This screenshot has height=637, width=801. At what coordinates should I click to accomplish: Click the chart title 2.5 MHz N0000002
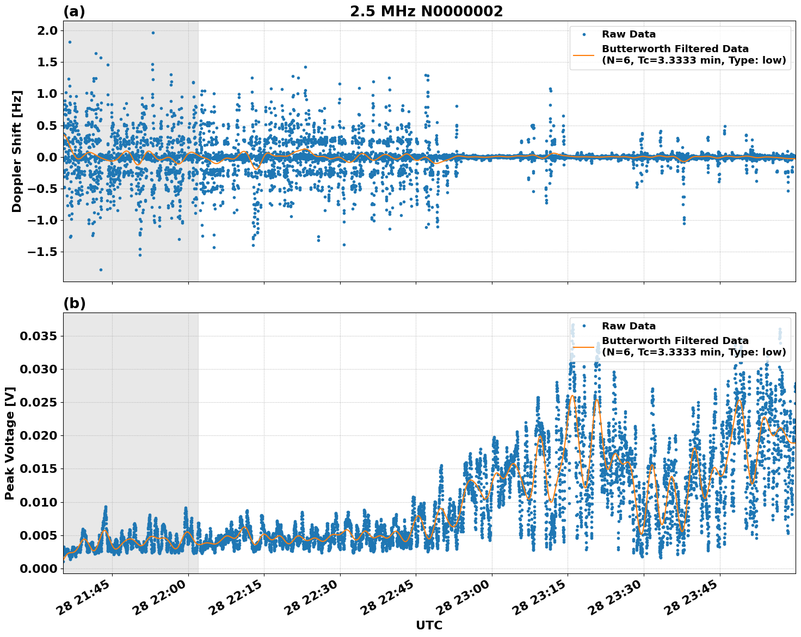(x=426, y=11)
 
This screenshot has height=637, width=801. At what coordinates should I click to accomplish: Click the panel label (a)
(x=74, y=11)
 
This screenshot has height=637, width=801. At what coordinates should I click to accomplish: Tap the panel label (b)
(x=74, y=303)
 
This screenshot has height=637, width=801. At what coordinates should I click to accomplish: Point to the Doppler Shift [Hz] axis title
(x=17, y=151)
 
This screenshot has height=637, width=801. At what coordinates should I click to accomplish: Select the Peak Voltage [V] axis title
(x=10, y=443)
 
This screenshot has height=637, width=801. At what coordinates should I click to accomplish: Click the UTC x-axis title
(x=429, y=625)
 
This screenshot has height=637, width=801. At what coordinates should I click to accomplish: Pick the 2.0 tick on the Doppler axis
(x=46, y=31)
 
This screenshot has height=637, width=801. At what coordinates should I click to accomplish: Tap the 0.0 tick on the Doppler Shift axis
(x=46, y=158)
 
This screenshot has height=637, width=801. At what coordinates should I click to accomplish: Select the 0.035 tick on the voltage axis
(x=38, y=336)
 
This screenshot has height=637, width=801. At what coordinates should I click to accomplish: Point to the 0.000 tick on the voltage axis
(x=38, y=569)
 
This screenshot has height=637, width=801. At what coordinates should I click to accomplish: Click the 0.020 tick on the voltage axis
(x=38, y=436)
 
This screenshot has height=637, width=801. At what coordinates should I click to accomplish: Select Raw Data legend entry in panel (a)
(x=629, y=34)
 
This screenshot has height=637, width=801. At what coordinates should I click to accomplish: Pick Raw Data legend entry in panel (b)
(x=629, y=326)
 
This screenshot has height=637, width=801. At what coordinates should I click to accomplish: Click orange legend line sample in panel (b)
(x=584, y=347)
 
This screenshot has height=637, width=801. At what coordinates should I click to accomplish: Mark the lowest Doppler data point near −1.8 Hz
(x=101, y=270)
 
